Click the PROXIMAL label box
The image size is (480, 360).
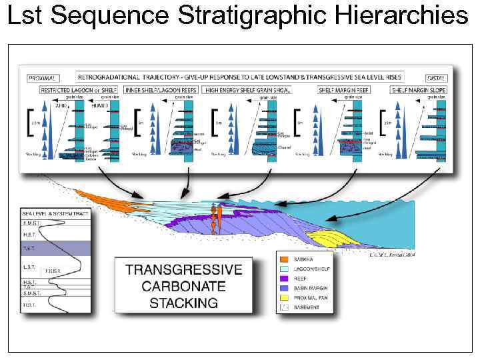point(41,77)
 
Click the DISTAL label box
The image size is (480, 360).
point(436,77)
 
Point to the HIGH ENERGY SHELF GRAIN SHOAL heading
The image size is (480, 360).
point(248,89)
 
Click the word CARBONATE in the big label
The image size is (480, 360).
point(183,287)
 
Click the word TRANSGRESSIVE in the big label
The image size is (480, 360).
point(183,270)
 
